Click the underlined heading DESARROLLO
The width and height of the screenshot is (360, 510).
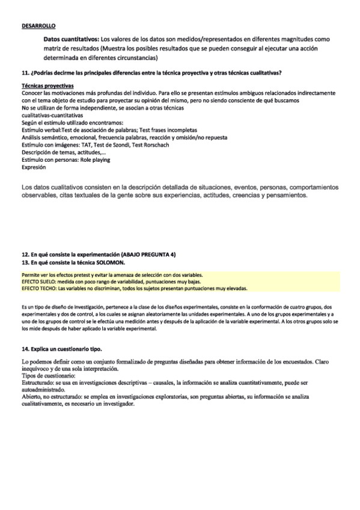(x=38, y=25)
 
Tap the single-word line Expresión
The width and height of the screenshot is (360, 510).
(x=33, y=168)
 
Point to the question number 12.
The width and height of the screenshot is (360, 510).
(x=24, y=255)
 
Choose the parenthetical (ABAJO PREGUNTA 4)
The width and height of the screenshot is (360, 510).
(x=147, y=255)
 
